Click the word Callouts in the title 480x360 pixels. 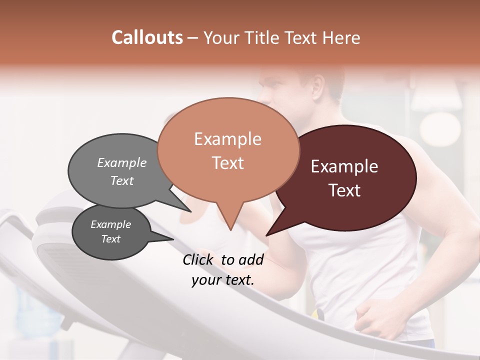[x=147, y=37]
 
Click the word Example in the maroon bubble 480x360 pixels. [x=344, y=166]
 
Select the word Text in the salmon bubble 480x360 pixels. [x=227, y=163]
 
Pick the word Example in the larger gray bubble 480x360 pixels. [x=121, y=162]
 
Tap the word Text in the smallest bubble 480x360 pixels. [x=111, y=239]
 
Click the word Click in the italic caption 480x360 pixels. [x=198, y=259]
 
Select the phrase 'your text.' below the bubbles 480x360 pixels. [x=223, y=280]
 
